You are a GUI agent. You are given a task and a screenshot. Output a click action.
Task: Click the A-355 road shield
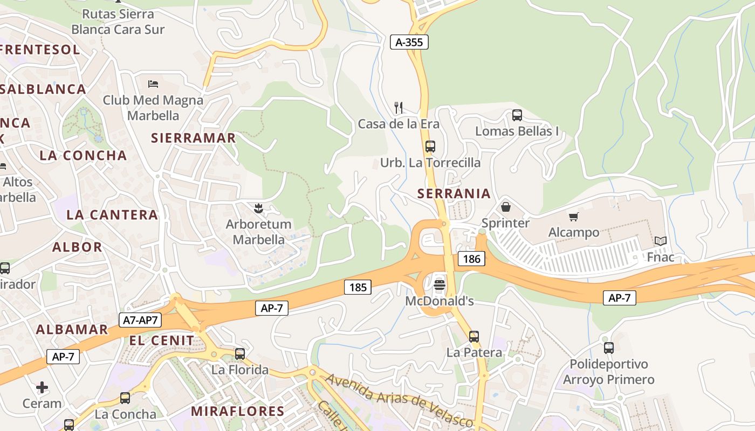click(409, 42)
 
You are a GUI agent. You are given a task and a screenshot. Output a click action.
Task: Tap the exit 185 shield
click(358, 287)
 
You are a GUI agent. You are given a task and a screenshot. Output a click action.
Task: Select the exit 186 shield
click(471, 259)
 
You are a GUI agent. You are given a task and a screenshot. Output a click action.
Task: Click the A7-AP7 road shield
click(140, 319)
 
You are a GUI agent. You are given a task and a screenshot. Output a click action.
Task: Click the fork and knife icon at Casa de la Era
click(399, 108)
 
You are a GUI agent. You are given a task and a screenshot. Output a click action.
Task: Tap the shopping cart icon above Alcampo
click(573, 217)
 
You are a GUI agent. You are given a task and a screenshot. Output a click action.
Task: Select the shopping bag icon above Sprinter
click(506, 207)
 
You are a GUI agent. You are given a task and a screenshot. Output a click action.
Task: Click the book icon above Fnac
click(661, 241)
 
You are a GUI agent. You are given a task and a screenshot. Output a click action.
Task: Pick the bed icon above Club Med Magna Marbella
click(153, 84)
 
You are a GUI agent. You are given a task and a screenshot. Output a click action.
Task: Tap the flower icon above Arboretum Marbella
click(258, 207)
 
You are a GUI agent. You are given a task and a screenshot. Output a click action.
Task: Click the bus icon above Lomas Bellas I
click(517, 115)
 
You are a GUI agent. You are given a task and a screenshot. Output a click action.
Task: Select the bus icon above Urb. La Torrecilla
click(430, 146)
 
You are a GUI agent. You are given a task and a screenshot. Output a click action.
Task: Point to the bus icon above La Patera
click(473, 337)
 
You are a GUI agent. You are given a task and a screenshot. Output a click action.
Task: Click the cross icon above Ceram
click(42, 387)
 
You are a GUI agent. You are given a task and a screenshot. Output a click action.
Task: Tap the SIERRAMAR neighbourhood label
click(194, 138)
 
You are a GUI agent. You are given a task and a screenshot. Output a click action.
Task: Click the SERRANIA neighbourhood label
click(454, 193)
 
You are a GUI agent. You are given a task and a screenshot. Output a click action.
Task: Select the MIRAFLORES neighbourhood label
click(238, 411)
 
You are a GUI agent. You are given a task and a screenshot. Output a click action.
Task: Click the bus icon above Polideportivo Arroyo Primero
click(608, 348)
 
